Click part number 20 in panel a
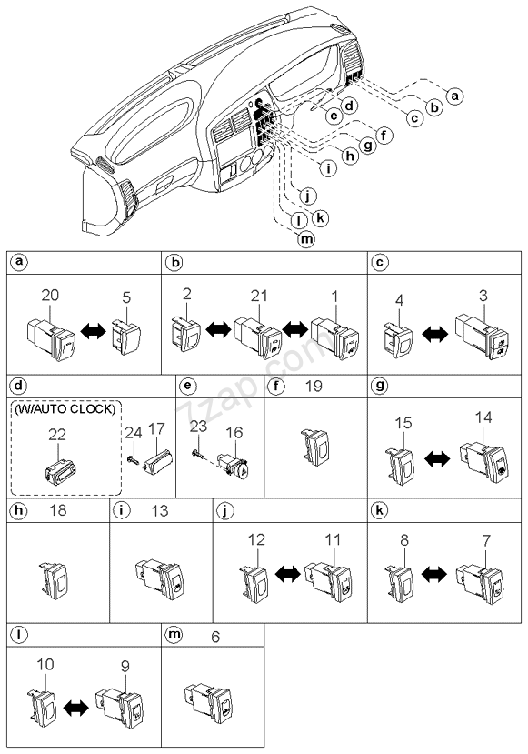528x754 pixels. [x=50, y=295]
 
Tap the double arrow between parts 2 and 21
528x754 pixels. [x=217, y=330]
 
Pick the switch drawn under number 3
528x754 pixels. [x=483, y=336]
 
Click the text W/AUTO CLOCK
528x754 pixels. [x=65, y=409]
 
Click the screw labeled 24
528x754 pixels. [x=133, y=460]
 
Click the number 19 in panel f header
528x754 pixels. [x=314, y=387]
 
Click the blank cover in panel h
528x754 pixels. [x=55, y=579]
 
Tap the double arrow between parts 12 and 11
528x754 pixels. [x=288, y=574]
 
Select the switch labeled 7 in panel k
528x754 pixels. [x=482, y=584]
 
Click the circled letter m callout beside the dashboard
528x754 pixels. [x=305, y=239]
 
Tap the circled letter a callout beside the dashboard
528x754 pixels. [x=454, y=96]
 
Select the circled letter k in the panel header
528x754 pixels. [x=380, y=510]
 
